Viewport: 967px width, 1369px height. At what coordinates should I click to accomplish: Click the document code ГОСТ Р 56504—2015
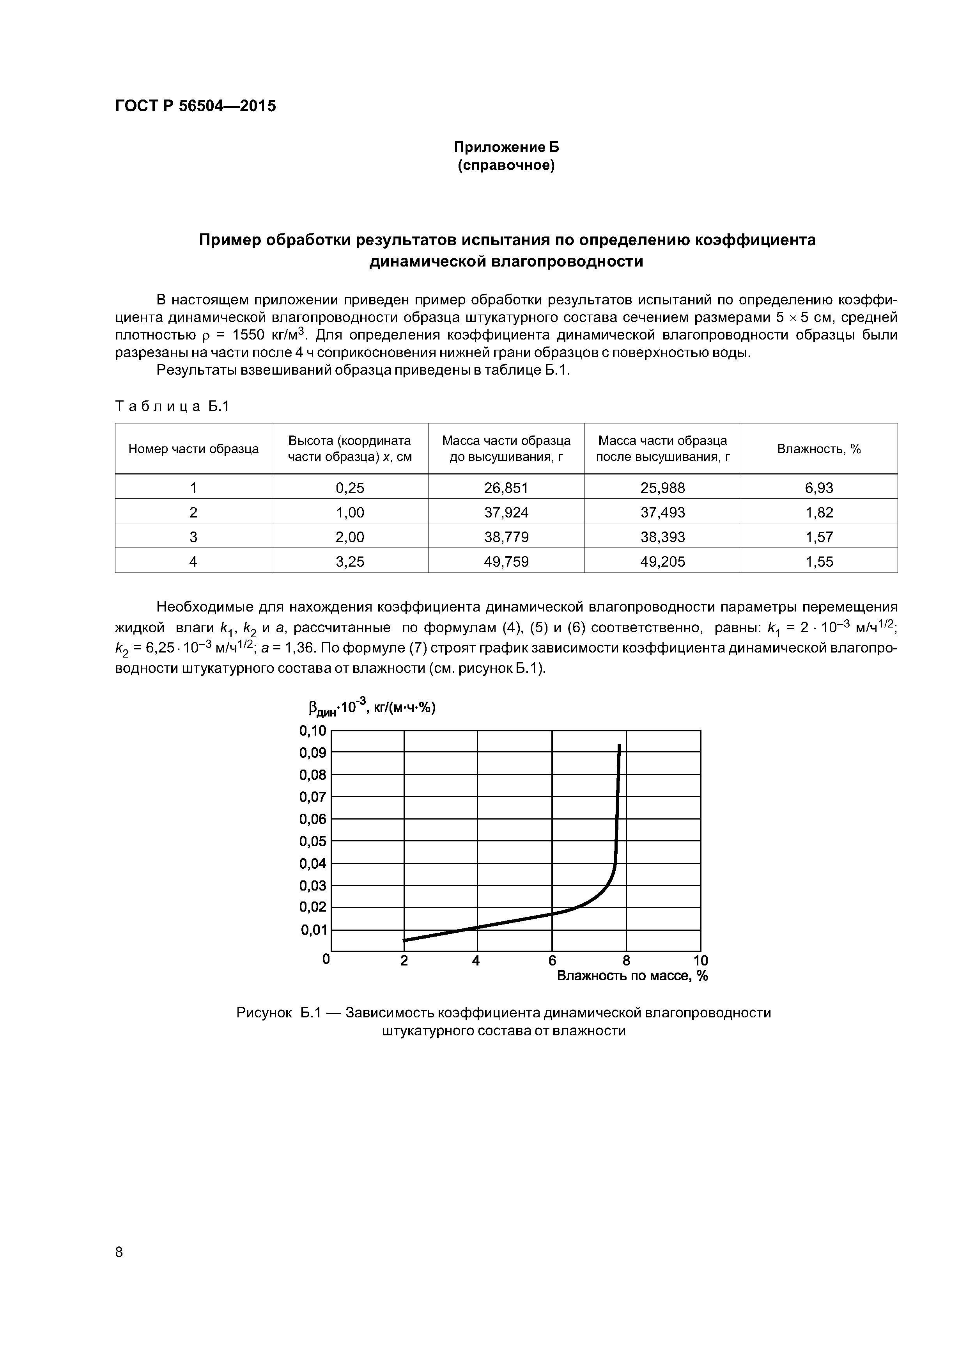click(195, 106)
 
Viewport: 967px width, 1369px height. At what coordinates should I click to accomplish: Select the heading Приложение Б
click(506, 147)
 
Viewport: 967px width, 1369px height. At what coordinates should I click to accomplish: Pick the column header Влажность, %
click(819, 449)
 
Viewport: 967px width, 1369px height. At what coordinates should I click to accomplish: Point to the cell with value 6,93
click(819, 488)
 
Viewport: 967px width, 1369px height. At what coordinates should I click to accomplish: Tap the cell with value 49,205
click(662, 561)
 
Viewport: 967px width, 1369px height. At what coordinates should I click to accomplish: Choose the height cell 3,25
click(350, 561)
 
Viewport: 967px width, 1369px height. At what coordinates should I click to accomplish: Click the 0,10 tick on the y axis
click(313, 731)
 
